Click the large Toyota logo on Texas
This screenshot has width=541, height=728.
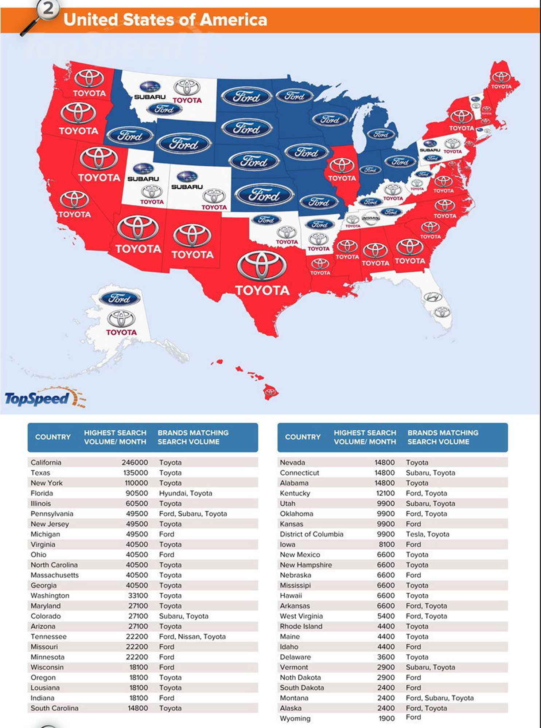261,266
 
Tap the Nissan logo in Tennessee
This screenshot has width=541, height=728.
371,218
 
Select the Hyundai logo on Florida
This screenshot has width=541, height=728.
433,297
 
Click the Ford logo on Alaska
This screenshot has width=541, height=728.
120,298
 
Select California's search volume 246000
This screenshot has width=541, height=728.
135,462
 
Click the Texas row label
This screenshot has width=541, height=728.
40,472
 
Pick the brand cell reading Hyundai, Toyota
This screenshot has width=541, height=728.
186,493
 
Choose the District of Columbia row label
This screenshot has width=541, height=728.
311,534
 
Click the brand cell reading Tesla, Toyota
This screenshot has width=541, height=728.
427,534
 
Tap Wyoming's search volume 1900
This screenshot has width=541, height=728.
386,718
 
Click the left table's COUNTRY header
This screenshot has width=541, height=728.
53,437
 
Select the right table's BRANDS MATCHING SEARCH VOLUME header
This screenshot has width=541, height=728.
443,437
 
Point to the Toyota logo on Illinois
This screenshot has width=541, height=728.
342,166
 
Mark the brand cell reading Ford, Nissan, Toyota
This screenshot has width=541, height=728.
192,636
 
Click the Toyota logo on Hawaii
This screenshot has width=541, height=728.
270,392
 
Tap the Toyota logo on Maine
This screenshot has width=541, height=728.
501,77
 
